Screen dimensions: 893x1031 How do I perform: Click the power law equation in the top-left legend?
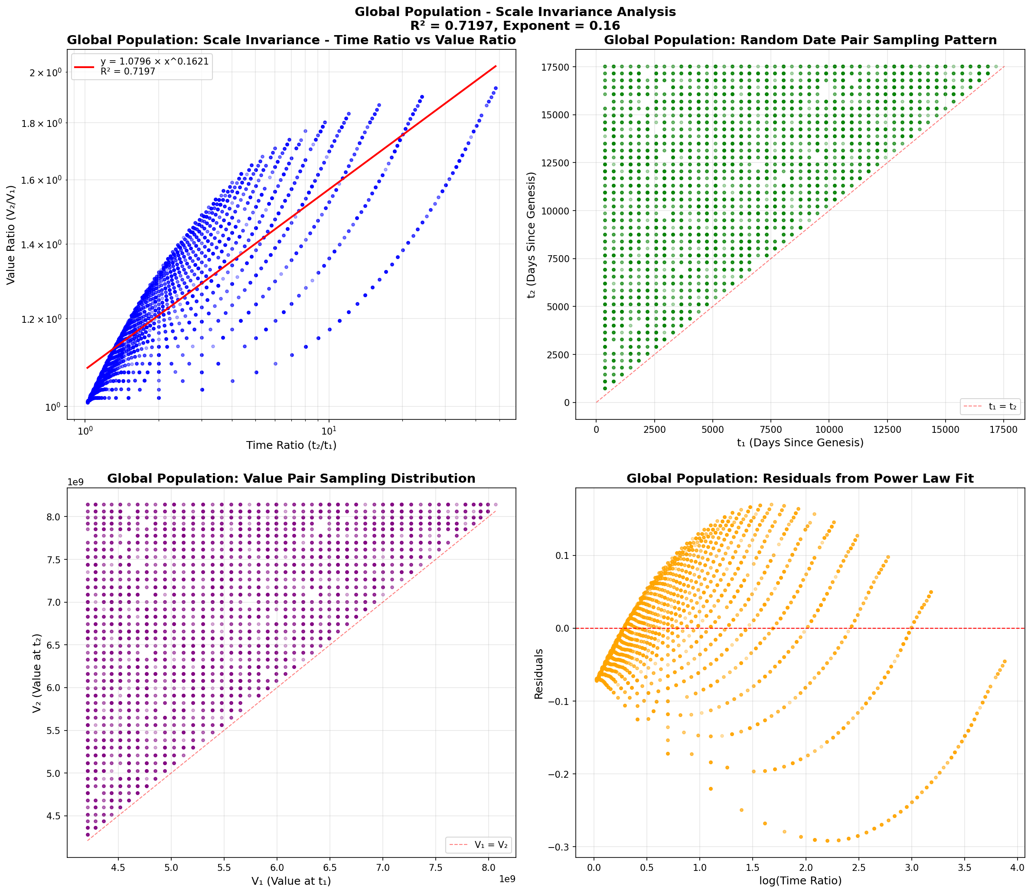click(154, 61)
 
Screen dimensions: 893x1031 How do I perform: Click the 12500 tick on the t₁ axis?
click(887, 429)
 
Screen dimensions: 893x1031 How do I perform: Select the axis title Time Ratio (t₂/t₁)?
click(291, 445)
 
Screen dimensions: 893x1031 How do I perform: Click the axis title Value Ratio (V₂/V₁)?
click(11, 235)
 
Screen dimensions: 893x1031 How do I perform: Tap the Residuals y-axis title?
click(538, 674)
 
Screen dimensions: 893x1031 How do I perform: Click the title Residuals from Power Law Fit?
click(799, 479)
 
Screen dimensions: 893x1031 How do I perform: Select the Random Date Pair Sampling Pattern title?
click(799, 40)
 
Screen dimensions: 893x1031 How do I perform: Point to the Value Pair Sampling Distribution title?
click(291, 479)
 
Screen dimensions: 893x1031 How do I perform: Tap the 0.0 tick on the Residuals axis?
click(562, 628)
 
